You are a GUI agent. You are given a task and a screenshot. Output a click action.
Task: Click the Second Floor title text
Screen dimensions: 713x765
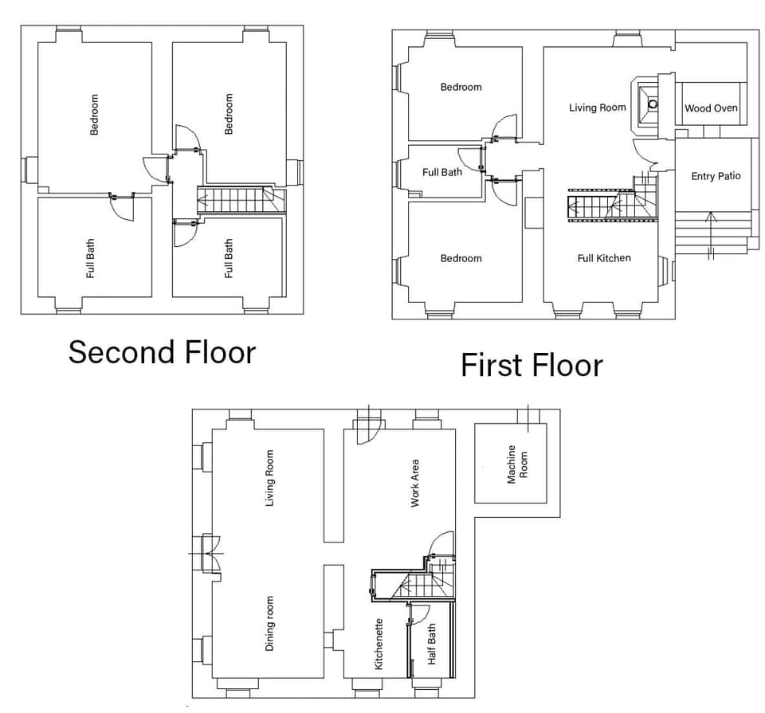(x=162, y=351)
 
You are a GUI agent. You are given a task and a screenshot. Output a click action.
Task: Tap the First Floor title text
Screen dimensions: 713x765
(x=532, y=366)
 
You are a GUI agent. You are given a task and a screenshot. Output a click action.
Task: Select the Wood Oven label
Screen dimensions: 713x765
(x=711, y=108)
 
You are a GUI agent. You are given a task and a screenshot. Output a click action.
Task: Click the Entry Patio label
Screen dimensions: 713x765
(x=716, y=176)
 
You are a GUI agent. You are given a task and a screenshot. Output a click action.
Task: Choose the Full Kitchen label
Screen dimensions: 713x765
(x=604, y=258)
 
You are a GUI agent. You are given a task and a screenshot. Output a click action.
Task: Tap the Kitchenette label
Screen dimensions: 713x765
(x=379, y=644)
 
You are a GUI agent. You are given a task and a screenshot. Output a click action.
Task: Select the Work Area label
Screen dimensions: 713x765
(x=415, y=483)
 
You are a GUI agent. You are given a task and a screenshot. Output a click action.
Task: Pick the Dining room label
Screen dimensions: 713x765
(x=269, y=623)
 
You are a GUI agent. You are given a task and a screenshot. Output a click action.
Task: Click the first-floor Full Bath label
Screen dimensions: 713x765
(x=442, y=172)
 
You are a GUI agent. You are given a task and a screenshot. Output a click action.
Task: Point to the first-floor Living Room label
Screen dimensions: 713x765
(x=598, y=108)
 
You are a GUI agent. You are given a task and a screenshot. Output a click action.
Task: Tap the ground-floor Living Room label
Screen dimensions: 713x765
(x=269, y=478)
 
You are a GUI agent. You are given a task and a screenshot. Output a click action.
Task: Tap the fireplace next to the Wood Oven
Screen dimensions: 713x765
(x=653, y=104)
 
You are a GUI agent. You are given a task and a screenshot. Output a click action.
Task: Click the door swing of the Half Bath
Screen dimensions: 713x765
(x=419, y=613)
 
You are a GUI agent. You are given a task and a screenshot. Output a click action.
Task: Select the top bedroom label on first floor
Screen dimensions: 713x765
(x=461, y=87)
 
